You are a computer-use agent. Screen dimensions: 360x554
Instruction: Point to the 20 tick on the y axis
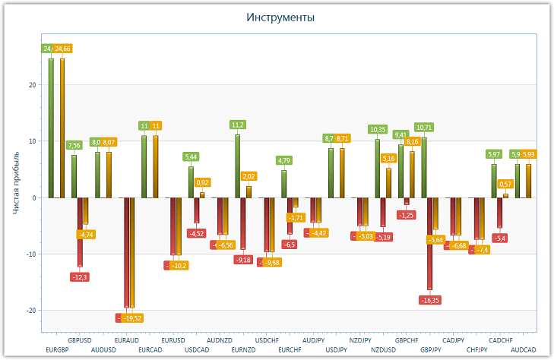32,85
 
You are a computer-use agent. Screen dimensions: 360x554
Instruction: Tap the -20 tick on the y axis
30,311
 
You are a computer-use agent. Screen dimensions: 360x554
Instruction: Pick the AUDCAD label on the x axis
523,350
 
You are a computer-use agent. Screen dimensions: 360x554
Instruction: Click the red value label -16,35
430,300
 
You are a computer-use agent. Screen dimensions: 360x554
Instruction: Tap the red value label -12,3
80,277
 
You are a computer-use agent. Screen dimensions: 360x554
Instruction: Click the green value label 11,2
238,125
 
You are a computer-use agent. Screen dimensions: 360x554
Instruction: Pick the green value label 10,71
424,128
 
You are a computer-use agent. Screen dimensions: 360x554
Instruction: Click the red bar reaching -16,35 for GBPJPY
429,243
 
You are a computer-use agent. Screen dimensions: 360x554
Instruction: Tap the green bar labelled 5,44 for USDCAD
191,182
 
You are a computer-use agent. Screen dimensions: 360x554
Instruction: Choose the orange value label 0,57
505,184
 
